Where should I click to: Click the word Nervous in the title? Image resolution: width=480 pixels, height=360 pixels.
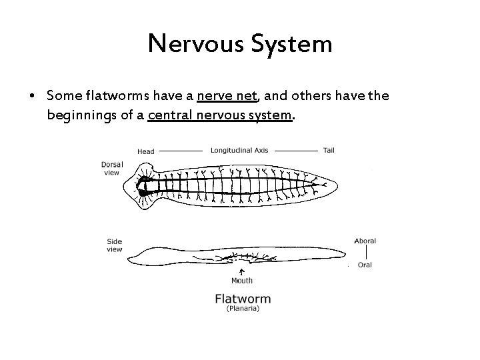click(196, 44)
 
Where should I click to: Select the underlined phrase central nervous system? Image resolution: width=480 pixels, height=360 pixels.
click(220, 115)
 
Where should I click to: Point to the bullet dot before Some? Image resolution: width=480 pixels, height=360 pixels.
click(32, 97)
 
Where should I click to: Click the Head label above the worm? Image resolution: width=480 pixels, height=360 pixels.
click(146, 151)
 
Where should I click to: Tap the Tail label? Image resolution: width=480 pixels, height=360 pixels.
click(329, 150)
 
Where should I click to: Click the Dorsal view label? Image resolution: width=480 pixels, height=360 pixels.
click(111, 168)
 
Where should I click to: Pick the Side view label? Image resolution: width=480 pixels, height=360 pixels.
click(114, 245)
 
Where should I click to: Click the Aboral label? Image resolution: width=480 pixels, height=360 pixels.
click(365, 241)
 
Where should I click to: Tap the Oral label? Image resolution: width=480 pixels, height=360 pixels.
click(365, 265)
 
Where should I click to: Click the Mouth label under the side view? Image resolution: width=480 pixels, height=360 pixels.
click(241, 281)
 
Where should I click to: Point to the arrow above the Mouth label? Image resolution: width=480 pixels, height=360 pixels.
click(241, 271)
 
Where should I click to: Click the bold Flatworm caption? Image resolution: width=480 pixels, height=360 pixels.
click(243, 298)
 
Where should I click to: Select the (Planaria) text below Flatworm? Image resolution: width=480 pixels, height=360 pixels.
click(243, 309)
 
